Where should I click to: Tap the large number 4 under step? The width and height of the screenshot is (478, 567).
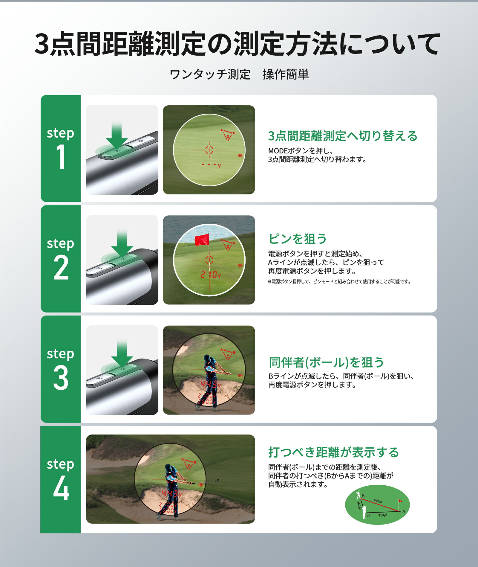click(x=61, y=488)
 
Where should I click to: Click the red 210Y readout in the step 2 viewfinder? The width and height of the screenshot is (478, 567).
click(x=211, y=275)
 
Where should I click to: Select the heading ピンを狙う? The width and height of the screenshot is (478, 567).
click(x=298, y=239)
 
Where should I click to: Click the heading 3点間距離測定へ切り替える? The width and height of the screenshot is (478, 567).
click(x=343, y=136)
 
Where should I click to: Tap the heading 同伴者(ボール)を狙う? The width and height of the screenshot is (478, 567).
click(x=327, y=362)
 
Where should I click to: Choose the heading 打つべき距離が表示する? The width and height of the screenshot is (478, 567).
click(x=333, y=452)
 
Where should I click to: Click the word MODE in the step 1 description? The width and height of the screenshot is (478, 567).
click(x=278, y=151)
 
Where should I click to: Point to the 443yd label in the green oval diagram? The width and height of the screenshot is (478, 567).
click(x=378, y=501)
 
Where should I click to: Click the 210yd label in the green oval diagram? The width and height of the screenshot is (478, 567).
click(x=383, y=515)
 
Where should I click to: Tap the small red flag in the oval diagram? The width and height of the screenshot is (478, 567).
click(x=400, y=501)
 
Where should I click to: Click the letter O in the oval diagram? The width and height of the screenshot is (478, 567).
click(x=368, y=515)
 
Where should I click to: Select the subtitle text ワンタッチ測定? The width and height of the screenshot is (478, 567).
click(x=210, y=74)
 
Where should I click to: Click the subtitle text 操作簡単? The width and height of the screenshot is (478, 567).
click(x=285, y=74)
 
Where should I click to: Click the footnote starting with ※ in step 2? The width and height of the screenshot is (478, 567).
click(x=339, y=282)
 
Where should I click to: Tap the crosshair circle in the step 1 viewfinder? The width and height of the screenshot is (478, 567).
click(x=209, y=150)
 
